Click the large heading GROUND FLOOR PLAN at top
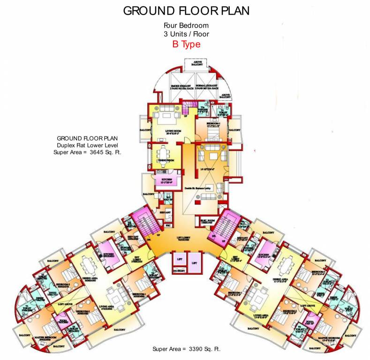tap(186, 11)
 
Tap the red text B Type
tap(186, 45)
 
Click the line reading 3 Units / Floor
tap(186, 35)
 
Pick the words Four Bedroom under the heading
tap(186, 26)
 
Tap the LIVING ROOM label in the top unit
tap(165, 132)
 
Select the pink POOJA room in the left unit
tap(61, 322)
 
